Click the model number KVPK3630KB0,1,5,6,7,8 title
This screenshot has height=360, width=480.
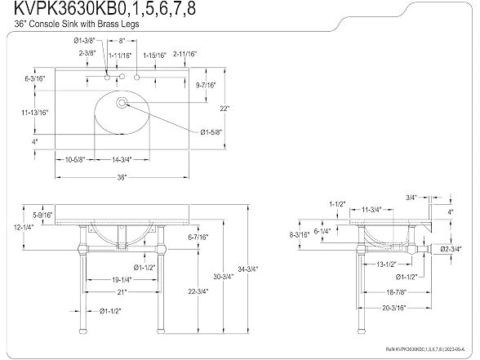click(104, 8)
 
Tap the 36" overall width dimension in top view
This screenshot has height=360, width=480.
click(122, 178)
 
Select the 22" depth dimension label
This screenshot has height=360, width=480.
click(224, 109)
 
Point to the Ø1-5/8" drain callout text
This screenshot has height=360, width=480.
click(211, 132)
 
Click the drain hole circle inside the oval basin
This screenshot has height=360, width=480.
click(122, 103)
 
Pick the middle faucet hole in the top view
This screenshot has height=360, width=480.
click(122, 76)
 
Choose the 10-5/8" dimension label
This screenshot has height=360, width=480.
click(75, 159)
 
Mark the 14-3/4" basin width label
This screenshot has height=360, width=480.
click(122, 159)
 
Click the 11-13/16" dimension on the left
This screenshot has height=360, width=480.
click(35, 113)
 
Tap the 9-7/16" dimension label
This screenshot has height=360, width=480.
click(206, 85)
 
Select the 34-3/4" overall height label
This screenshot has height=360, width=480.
click(248, 269)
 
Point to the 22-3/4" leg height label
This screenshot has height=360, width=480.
click(198, 291)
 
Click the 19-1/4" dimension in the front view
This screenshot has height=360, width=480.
click(122, 279)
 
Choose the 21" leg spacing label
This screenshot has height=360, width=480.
click(122, 292)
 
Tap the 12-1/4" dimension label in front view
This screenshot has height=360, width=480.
click(24, 227)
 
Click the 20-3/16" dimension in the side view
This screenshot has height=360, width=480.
click(394, 308)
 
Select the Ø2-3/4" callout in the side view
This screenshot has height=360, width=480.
click(451, 249)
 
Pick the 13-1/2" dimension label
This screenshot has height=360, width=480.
click(386, 264)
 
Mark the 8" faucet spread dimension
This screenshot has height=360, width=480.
click(122, 41)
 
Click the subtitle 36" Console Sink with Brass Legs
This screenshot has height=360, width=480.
click(77, 24)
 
